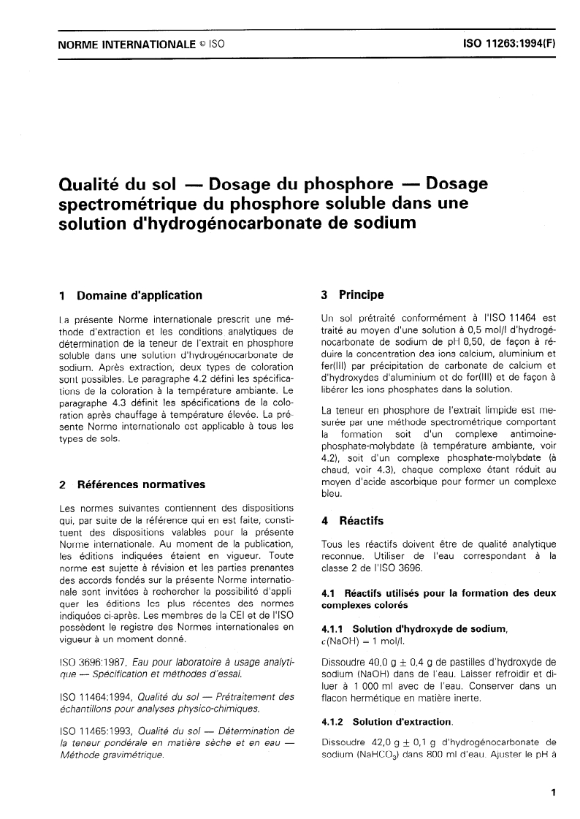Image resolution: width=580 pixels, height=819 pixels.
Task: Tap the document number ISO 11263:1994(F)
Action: point(510,44)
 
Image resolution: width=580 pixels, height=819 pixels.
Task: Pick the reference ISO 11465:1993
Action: point(96,730)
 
